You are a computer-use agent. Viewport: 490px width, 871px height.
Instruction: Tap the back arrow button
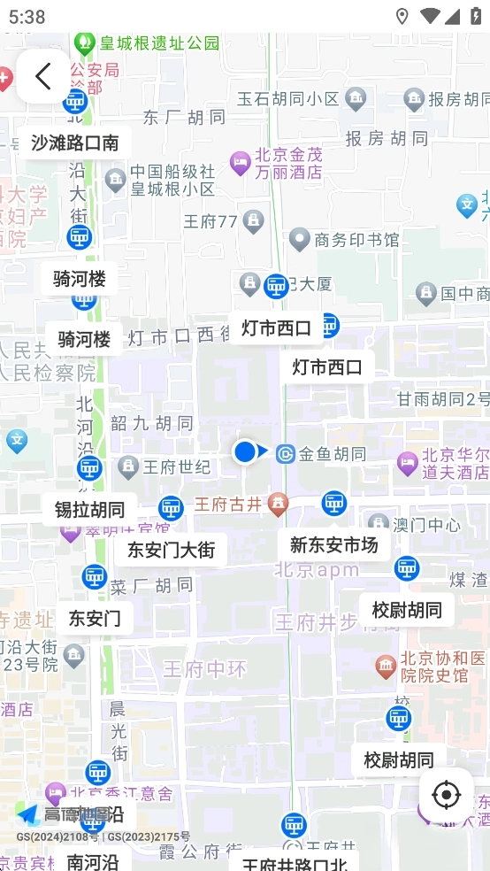[x=42, y=76]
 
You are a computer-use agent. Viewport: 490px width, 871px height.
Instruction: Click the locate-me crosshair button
[x=446, y=795]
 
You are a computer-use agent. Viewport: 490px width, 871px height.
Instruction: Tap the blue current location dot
[x=245, y=452]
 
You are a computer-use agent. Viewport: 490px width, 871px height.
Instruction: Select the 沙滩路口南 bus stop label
[x=74, y=143]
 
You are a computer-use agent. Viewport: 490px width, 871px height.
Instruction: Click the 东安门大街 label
[x=171, y=550]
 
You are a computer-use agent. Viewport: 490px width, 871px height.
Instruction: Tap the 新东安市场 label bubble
[x=333, y=545]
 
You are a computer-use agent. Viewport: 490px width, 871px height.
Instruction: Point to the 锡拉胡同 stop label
[x=89, y=510]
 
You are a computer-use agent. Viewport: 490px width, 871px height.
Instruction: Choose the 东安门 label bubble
[x=95, y=618]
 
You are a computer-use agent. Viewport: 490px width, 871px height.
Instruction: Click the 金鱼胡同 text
[x=332, y=454]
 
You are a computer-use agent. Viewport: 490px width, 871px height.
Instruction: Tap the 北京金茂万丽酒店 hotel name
[x=288, y=163]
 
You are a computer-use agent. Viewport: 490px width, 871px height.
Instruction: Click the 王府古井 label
[x=228, y=505]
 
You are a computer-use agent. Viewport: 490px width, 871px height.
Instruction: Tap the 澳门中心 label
[x=426, y=525]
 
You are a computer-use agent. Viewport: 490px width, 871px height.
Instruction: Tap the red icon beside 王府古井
[x=279, y=505]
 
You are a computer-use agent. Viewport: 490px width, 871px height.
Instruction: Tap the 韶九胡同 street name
[x=151, y=423]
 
